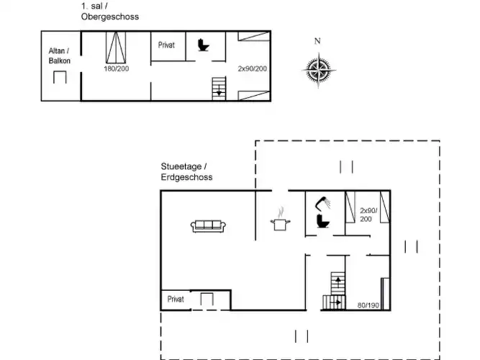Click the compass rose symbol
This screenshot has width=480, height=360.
pyautogui.click(x=319, y=70)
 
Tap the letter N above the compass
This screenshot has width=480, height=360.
pyautogui.click(x=317, y=41)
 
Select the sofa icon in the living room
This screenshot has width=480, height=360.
pyautogui.click(x=208, y=226)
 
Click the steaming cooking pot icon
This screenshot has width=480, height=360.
pyautogui.click(x=281, y=220)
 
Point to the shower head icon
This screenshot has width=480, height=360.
pyautogui.click(x=323, y=204)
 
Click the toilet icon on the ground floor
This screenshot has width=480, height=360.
pyautogui.click(x=323, y=221)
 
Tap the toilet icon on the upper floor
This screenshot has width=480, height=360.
pyautogui.click(x=203, y=45)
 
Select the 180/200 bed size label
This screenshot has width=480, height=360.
pyautogui.click(x=117, y=68)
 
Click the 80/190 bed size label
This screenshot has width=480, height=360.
pyautogui.click(x=368, y=305)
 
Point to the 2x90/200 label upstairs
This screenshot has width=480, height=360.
pyautogui.click(x=253, y=68)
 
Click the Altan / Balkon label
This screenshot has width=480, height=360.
pyautogui.click(x=60, y=55)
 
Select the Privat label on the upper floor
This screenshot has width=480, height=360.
pyautogui.click(x=166, y=45)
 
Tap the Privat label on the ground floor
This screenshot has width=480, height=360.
pyautogui.click(x=176, y=299)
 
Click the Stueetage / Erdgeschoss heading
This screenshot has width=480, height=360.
pyautogui.click(x=186, y=171)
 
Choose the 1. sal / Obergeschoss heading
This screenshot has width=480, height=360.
pyautogui.click(x=110, y=12)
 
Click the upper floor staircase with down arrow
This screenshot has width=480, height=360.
pyautogui.click(x=219, y=89)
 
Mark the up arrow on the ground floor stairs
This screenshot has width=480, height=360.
pyautogui.click(x=338, y=281)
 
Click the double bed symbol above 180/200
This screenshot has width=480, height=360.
pyautogui.click(x=116, y=48)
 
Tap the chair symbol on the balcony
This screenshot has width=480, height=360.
pyautogui.click(x=60, y=77)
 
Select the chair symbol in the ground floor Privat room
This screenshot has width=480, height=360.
pyautogui.click(x=207, y=299)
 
